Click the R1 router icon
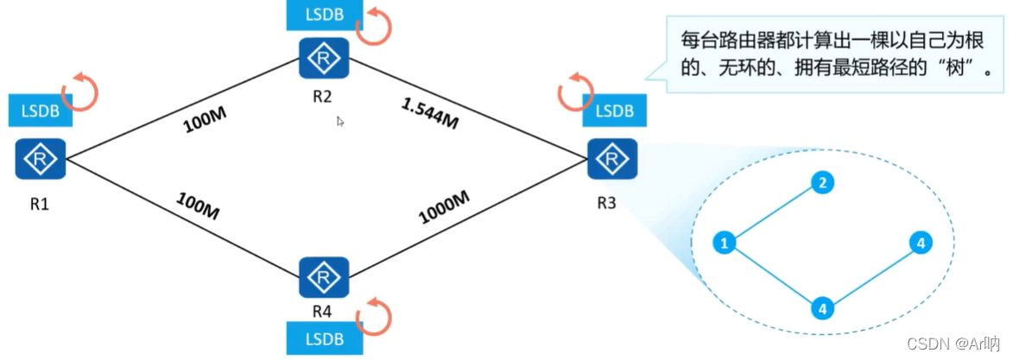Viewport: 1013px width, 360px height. [40, 161]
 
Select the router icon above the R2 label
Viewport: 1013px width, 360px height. [324, 59]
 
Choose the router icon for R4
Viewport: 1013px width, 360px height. [324, 277]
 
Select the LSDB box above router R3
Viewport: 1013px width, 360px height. [613, 111]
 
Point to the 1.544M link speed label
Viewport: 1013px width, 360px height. [429, 113]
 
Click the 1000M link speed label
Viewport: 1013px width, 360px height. [444, 207]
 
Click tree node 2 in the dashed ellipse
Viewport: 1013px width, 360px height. [822, 182]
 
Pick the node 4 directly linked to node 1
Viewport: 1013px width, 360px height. [822, 307]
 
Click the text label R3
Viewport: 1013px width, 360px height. [607, 205]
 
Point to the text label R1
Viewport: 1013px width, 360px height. [40, 205]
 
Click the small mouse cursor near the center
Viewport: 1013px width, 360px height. [341, 122]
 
